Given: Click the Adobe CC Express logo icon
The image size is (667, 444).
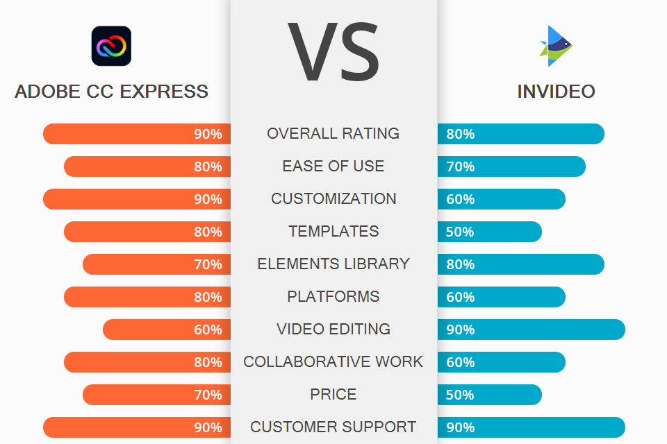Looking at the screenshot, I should (x=111, y=46).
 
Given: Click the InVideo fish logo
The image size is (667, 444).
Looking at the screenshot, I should (x=556, y=46).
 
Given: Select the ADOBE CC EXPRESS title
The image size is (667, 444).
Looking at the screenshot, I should (x=111, y=92).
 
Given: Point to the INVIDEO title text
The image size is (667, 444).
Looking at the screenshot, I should (x=556, y=92).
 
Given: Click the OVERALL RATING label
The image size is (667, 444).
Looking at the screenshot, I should (x=333, y=133).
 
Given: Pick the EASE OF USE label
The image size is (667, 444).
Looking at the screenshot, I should (x=333, y=166).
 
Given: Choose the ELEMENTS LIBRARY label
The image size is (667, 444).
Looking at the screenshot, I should (x=333, y=264).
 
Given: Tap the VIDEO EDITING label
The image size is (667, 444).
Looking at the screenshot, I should (x=333, y=329).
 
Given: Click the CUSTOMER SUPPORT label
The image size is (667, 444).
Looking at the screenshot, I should (x=333, y=427).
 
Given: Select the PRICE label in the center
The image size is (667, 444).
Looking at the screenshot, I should (x=333, y=394).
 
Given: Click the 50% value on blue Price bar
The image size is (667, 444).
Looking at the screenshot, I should (x=460, y=395).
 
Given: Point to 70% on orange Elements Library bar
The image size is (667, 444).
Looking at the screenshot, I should (x=208, y=264).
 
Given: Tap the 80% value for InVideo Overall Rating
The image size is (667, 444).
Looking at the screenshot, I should (x=460, y=134).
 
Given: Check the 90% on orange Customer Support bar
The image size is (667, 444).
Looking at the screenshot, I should (x=208, y=427).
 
